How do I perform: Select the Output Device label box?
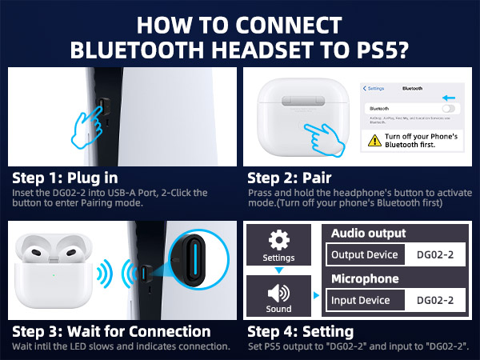point(365,254)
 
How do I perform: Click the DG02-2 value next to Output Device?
point(436,254)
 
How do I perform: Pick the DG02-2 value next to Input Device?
point(436,301)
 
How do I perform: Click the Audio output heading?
point(369,234)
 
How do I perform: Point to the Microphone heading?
point(367,279)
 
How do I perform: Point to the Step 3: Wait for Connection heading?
point(111,331)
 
